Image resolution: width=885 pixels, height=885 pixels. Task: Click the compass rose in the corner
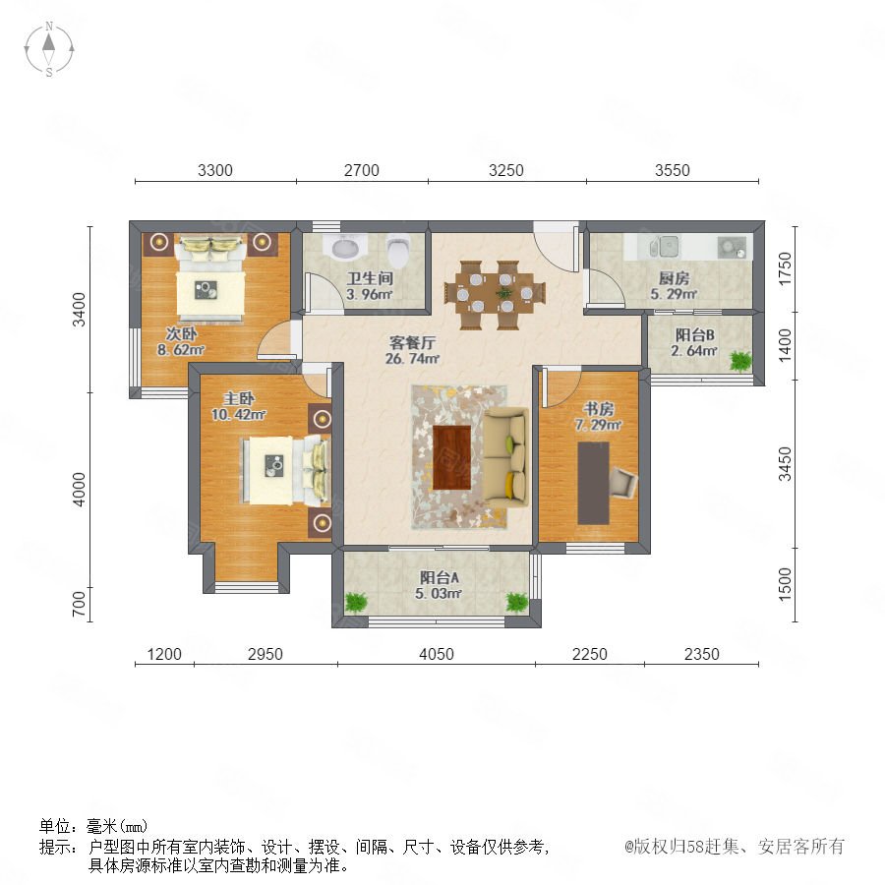point(49,49)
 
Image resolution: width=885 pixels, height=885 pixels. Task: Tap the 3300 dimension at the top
point(215,170)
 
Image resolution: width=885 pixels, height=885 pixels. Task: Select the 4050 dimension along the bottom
point(437,654)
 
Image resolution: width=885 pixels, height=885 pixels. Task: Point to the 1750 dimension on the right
point(785,268)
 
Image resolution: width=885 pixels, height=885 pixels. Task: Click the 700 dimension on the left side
point(79,604)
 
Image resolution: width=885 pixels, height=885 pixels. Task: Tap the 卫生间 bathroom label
point(370,278)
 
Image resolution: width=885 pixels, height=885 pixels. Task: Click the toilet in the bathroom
point(399,251)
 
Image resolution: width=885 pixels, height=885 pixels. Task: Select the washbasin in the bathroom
point(345,247)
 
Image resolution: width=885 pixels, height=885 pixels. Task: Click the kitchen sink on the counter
point(665,246)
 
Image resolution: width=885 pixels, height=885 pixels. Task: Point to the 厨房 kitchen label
point(674,278)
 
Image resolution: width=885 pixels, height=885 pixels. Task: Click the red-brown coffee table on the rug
point(451,457)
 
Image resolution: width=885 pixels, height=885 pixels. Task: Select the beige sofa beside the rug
point(506,457)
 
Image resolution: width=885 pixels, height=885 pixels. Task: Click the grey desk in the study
point(593,483)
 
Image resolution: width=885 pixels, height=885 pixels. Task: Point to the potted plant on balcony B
point(739,361)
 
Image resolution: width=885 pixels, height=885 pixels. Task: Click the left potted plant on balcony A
point(356,602)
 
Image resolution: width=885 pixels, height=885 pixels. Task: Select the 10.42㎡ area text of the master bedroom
point(239,414)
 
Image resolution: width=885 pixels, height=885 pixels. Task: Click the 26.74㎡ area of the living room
point(412,358)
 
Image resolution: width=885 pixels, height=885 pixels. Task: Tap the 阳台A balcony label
point(439,577)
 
